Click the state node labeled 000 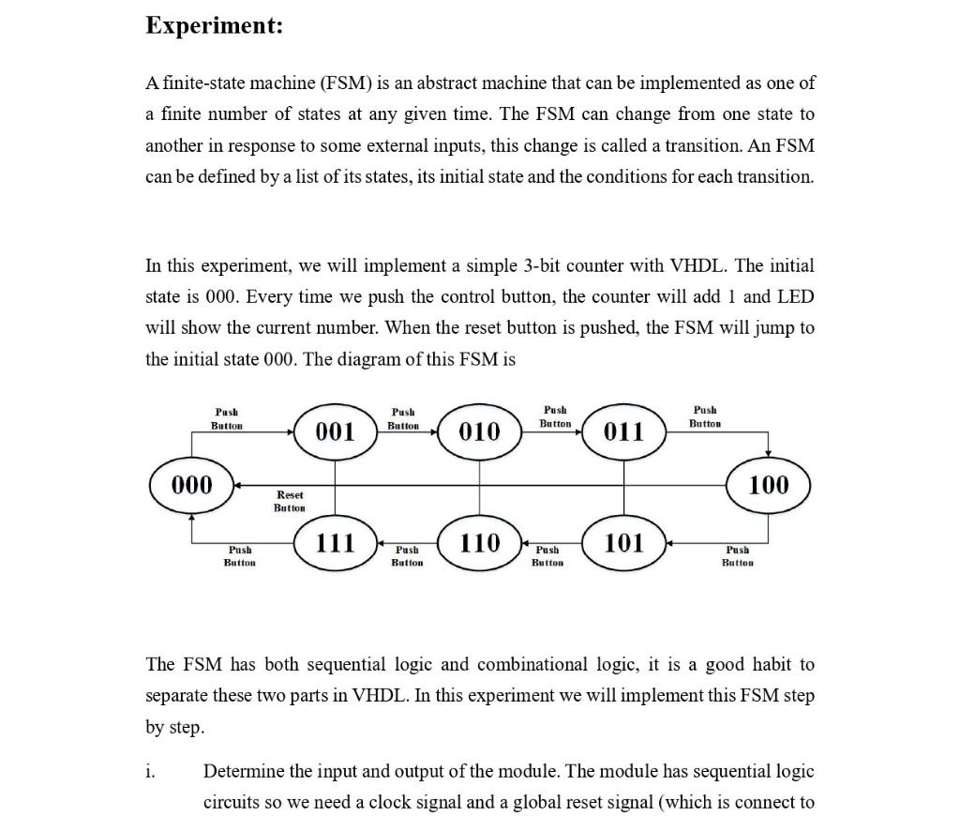(192, 485)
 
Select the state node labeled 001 (335, 431)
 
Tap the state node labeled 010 (479, 431)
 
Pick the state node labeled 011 (623, 431)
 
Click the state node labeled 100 (769, 485)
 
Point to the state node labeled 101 (623, 542)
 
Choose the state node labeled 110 (479, 542)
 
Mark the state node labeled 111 (335, 542)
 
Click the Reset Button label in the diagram (290, 501)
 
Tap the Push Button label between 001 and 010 (403, 418)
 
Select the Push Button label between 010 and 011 (555, 416)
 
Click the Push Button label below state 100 (738, 556)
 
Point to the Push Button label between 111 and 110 (407, 556)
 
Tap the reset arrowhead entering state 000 (236, 485)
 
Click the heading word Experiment (214, 25)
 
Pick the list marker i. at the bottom (150, 771)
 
